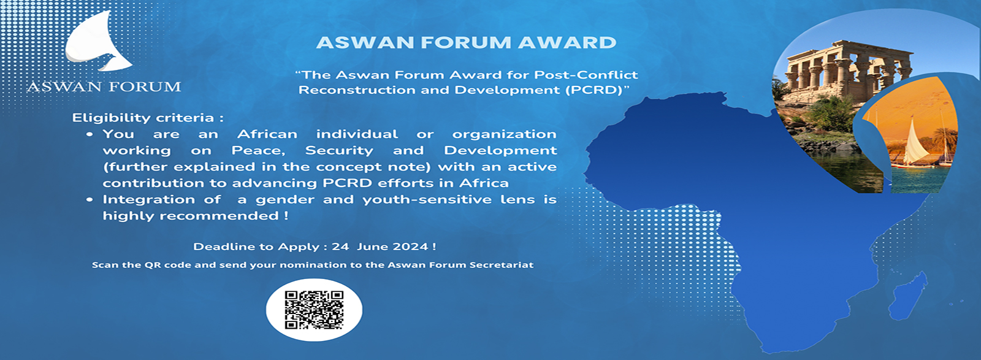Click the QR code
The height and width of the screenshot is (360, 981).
(x=314, y=310)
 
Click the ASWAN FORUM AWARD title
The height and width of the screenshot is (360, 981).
(x=466, y=43)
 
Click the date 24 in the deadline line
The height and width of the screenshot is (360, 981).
(x=340, y=247)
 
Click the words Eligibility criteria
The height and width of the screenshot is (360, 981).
(x=148, y=118)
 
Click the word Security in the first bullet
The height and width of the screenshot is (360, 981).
(x=339, y=151)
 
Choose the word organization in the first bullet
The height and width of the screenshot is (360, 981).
(x=504, y=134)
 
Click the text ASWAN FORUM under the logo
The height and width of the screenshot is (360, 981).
(x=104, y=86)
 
